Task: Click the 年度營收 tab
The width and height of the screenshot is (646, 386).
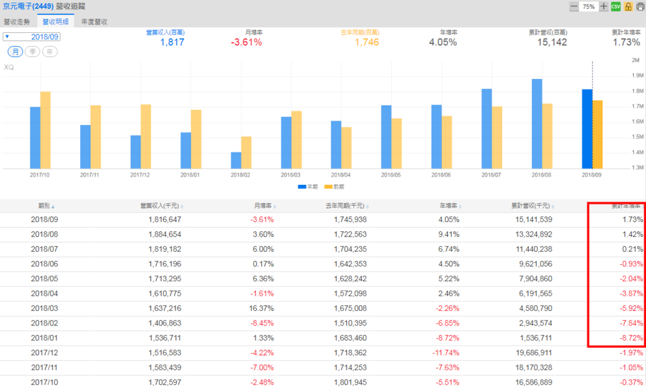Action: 95,21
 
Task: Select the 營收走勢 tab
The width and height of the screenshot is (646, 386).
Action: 17,21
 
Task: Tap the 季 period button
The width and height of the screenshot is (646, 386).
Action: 32,52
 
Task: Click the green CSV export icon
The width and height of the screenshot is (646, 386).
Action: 616,6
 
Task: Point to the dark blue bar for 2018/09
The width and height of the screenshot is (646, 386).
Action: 587,129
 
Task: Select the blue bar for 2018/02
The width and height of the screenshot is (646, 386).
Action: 236,160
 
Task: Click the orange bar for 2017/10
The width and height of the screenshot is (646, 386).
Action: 45,130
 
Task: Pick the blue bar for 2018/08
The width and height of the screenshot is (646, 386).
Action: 537,124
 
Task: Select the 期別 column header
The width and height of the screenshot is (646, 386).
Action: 45,206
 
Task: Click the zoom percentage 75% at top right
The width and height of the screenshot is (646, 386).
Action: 589,6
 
